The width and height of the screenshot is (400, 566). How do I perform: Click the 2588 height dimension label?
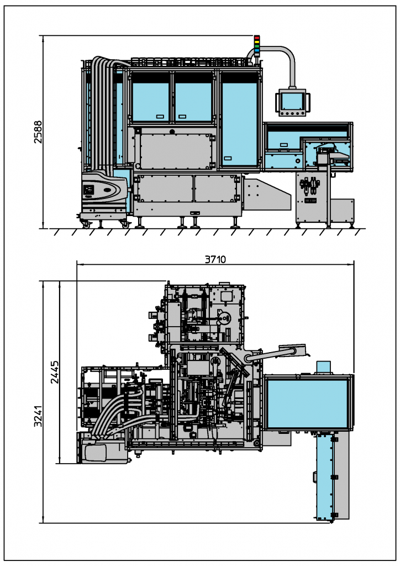[38, 132]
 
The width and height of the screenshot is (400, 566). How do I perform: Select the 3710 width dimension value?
[215, 259]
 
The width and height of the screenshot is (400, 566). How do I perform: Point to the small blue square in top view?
[324, 366]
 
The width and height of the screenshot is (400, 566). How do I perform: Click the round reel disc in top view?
[224, 319]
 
